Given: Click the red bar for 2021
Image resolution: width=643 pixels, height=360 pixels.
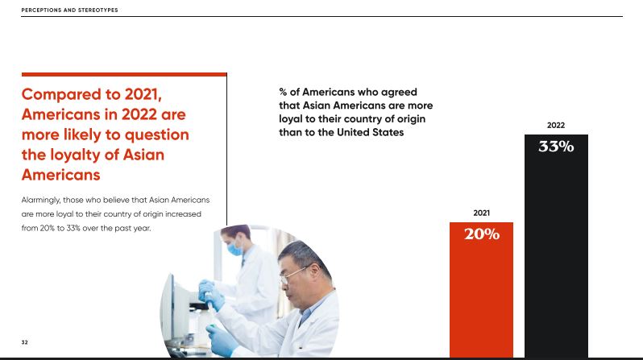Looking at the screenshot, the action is [481, 290].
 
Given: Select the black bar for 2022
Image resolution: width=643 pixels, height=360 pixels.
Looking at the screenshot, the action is [556, 246].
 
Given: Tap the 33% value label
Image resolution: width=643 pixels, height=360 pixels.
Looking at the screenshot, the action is [556, 147].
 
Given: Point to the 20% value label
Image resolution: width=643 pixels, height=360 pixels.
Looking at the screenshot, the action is [482, 234].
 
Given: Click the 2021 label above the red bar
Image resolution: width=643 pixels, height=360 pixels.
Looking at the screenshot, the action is [481, 213].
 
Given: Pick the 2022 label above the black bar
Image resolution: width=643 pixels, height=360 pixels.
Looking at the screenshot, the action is [556, 125].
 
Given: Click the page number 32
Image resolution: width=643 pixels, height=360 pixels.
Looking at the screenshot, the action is [25, 342].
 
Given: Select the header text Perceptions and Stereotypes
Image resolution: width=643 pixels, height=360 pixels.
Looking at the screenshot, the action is [70, 10].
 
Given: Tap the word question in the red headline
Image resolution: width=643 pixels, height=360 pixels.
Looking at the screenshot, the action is [156, 135].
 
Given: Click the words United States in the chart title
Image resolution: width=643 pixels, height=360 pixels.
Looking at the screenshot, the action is [371, 132].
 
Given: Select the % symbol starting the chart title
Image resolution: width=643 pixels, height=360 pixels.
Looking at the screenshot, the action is [283, 92].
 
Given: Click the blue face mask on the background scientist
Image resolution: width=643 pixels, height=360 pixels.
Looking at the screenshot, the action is [234, 248].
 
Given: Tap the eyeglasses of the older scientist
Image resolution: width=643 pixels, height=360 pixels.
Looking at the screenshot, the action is [293, 275].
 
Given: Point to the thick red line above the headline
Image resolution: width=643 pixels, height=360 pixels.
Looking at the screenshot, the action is [124, 74].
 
